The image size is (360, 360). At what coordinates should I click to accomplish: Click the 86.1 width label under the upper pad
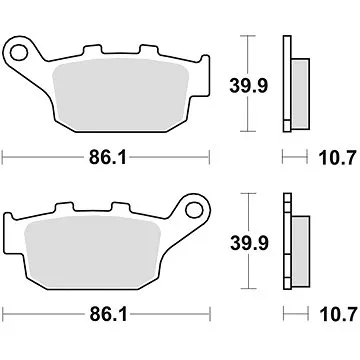coord(102,157)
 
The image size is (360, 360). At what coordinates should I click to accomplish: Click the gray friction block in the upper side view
coord(297,92)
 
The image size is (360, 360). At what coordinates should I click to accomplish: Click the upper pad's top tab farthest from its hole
coord(150,51)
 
